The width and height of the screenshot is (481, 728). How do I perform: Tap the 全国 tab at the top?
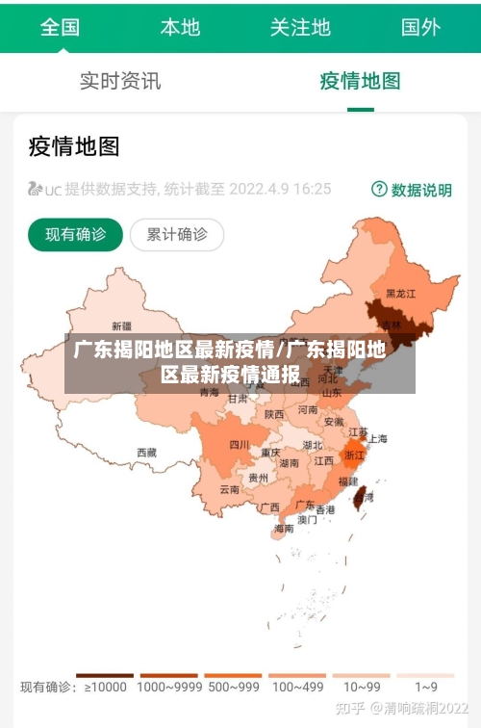point(60,27)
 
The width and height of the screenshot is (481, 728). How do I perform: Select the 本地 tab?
point(180,27)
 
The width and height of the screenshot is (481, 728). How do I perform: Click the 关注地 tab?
point(300,27)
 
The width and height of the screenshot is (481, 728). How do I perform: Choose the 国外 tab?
point(420,27)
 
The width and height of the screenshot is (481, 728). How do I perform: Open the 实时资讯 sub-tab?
point(120,81)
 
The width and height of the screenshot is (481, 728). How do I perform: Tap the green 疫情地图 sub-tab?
point(360,81)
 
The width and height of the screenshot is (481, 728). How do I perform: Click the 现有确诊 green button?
point(75,234)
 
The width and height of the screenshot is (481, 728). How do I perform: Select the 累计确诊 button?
point(177,234)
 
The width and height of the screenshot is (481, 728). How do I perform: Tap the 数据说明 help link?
point(412,190)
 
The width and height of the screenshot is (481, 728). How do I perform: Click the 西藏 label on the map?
point(146,452)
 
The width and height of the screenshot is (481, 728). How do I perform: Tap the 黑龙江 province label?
point(400,293)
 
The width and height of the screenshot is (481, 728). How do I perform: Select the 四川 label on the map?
point(239,445)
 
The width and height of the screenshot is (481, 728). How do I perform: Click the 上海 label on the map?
point(377,439)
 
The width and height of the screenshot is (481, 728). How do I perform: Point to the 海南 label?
point(284,528)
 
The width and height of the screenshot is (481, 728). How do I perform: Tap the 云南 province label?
point(229,489)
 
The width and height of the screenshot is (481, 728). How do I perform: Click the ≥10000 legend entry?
point(105,686)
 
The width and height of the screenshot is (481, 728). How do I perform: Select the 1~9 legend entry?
point(425,686)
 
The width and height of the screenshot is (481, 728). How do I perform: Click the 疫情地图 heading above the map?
point(74,146)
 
